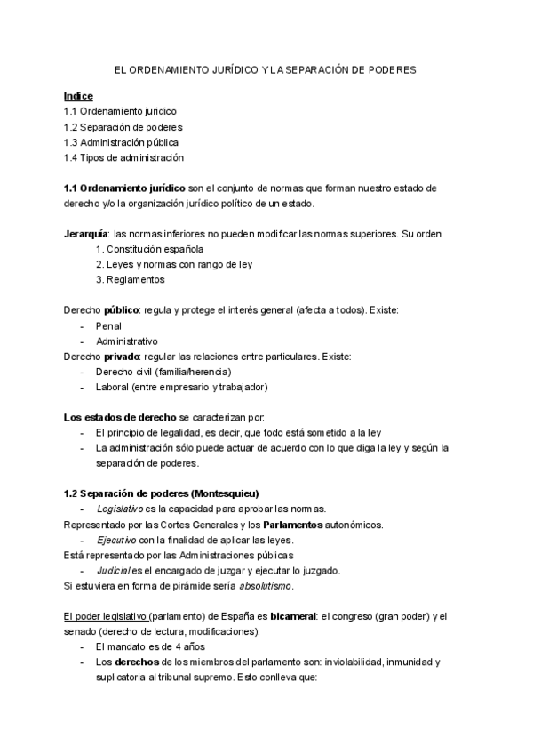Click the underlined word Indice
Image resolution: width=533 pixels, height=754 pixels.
point(78,95)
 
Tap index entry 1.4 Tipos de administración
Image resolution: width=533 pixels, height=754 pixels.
point(123,157)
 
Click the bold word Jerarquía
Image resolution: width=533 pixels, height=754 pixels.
point(87,234)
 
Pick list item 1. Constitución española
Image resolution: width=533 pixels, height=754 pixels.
point(149,249)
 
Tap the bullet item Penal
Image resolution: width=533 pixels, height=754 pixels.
point(108,326)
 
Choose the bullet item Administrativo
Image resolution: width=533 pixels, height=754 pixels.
point(126,341)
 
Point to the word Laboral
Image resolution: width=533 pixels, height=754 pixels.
point(114,387)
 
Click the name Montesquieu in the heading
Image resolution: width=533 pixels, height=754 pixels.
point(227,493)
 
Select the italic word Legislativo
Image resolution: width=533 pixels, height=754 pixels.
point(120,509)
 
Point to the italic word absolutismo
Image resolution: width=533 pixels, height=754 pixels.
point(266,586)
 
